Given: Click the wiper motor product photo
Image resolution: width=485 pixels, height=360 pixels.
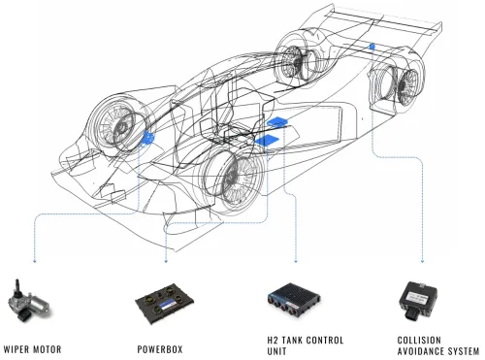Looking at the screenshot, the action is click(28, 302).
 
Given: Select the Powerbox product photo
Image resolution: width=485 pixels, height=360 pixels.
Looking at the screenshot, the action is click(165, 304).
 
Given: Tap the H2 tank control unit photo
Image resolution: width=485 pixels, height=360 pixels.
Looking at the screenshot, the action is click(294, 299).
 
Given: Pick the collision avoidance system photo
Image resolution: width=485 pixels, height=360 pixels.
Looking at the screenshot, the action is click(418, 301).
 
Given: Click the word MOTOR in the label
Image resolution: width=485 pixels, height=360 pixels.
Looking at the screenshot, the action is click(47, 349).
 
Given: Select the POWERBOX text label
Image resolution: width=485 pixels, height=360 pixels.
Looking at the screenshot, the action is click(160, 349).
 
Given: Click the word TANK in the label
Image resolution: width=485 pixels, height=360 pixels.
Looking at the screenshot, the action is click(292, 341).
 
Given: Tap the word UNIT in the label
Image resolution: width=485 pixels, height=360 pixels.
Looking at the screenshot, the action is click(276, 351).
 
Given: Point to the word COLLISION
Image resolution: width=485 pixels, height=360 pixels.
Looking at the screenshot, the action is click(419, 341).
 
